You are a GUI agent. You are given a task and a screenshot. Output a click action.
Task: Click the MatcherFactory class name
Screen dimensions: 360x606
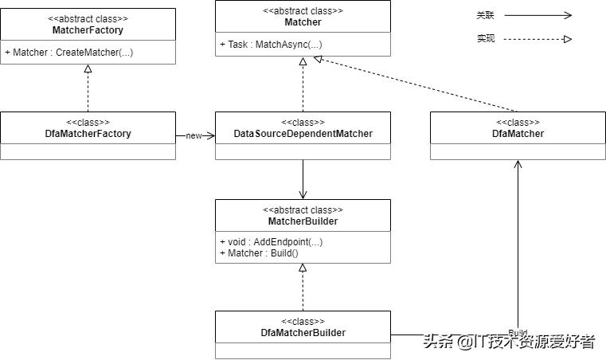(88, 30)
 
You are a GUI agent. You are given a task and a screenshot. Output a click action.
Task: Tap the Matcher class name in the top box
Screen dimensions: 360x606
(303, 22)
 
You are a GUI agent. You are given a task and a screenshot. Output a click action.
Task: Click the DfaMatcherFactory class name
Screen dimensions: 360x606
(88, 134)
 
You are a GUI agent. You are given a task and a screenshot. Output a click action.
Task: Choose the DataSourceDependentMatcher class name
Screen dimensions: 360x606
(303, 134)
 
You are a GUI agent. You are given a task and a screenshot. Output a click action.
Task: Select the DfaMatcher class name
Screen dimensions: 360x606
(518, 134)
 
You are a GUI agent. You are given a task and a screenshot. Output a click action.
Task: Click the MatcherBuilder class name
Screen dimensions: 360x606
(303, 221)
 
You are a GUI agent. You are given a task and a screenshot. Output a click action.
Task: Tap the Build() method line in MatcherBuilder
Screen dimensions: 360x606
(259, 253)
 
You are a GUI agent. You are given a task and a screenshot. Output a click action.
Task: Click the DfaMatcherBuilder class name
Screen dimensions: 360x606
(303, 333)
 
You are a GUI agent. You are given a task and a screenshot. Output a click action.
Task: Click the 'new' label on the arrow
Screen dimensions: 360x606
(194, 136)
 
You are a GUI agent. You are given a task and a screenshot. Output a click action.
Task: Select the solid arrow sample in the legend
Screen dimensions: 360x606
(538, 15)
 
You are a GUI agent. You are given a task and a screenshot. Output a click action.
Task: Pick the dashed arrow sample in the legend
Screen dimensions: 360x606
(538, 38)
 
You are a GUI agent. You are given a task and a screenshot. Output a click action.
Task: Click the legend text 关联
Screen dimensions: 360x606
(485, 15)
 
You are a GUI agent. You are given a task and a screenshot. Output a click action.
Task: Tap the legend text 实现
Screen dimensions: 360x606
(485, 38)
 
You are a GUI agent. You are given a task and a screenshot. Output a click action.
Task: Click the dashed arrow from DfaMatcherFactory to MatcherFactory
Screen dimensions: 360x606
(88, 89)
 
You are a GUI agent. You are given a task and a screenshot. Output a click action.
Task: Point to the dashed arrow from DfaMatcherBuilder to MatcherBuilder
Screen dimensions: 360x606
(303, 288)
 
